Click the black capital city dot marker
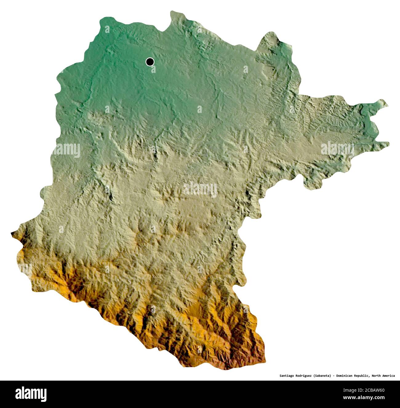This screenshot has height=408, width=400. click(150, 62)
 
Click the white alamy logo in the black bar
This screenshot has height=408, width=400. click(31, 394)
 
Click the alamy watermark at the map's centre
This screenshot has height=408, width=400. click(200, 189)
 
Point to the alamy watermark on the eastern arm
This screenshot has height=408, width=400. click(337, 149)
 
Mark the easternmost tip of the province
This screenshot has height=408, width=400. click(389, 143)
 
